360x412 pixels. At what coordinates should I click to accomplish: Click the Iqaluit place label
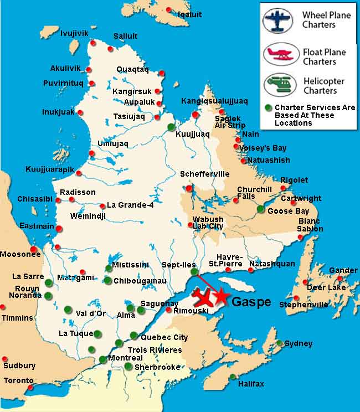pyautogui.click(x=189, y=14)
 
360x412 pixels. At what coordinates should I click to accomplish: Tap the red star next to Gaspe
pyautogui.click(x=221, y=296)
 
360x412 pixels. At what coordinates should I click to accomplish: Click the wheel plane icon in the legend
pyautogui.click(x=278, y=20)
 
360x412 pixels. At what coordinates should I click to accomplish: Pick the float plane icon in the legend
pyautogui.click(x=279, y=55)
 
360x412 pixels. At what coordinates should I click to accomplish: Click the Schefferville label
pyautogui.click(x=204, y=174)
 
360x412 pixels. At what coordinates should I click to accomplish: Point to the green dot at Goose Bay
pyautogui.click(x=261, y=209)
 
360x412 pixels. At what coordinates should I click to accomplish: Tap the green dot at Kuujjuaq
pyautogui.click(x=171, y=127)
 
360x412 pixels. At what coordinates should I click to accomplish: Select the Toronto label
pyautogui.click(x=19, y=381)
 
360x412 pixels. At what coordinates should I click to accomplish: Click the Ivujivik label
pyautogui.click(x=74, y=33)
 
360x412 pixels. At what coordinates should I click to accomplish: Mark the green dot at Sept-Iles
pyautogui.click(x=193, y=272)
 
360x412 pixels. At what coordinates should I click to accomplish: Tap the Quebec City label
pyautogui.click(x=164, y=337)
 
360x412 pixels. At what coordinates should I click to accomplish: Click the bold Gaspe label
pyautogui.click(x=251, y=302)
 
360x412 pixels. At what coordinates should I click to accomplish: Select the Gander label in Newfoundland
pyautogui.click(x=343, y=270)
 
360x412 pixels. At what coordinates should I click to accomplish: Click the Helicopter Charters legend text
pyautogui.click(x=323, y=86)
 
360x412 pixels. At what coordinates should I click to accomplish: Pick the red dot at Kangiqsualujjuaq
pyautogui.click(x=195, y=114)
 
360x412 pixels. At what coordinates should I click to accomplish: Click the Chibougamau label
pyautogui.click(x=140, y=281)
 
